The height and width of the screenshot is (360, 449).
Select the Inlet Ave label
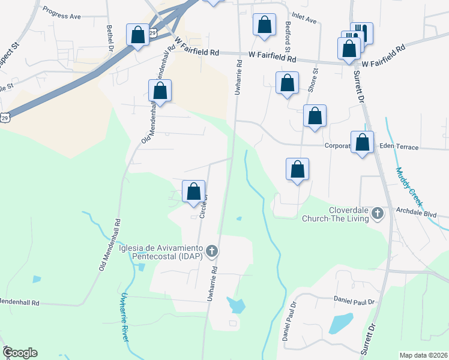click(x=303, y=19)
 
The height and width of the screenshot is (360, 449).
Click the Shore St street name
click(x=313, y=79)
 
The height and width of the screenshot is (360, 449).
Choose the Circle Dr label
click(x=204, y=205)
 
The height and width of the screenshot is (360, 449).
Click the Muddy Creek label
click(x=406, y=184)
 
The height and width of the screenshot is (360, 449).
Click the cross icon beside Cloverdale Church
click(x=377, y=213)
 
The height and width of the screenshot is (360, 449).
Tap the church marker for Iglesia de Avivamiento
click(x=211, y=251)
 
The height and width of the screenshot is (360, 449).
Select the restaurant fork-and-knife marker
click(x=361, y=32)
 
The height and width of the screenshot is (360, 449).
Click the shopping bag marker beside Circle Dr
click(x=193, y=192)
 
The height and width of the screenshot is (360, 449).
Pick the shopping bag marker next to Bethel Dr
click(x=137, y=34)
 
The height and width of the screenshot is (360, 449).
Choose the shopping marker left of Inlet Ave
click(x=264, y=25)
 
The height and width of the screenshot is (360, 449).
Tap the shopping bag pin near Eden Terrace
click(x=362, y=143)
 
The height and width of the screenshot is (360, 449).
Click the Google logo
click(x=20, y=353)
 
